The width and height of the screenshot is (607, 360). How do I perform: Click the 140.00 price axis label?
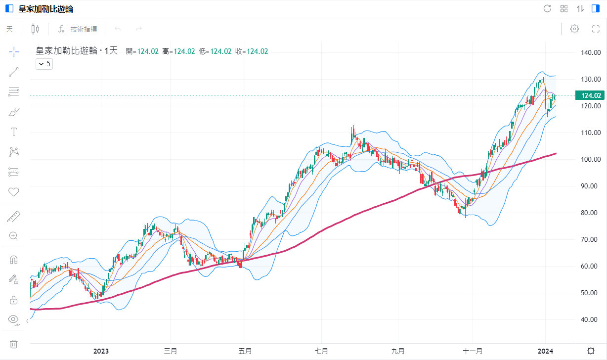click(590, 52)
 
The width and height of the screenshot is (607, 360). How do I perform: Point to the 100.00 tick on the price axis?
click(590, 159)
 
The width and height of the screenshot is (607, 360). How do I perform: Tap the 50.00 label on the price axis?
click(590, 293)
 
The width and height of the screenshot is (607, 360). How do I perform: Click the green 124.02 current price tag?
click(590, 95)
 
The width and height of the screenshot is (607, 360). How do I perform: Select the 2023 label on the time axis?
click(101, 351)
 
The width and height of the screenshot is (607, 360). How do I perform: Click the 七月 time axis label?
click(321, 351)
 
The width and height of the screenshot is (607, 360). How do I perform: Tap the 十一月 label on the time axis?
click(473, 351)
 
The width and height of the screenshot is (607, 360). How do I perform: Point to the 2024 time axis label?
click(545, 351)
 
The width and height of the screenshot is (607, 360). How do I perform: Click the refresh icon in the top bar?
click(547, 8)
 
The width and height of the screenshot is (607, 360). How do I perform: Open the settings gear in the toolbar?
click(574, 29)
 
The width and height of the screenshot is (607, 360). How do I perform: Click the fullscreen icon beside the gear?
click(596, 29)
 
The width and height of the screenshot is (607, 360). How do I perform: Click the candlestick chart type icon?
click(35, 29)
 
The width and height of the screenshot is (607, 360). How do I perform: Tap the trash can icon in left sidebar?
click(14, 344)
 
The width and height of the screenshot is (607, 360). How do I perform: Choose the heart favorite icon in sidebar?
click(14, 192)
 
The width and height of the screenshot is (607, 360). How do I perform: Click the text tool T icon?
click(14, 132)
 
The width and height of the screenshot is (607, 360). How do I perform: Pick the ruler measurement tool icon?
click(14, 216)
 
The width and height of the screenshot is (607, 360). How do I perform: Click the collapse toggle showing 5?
click(44, 64)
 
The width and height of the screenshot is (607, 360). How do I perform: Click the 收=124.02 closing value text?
click(252, 51)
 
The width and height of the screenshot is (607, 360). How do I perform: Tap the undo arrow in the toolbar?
click(118, 29)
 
